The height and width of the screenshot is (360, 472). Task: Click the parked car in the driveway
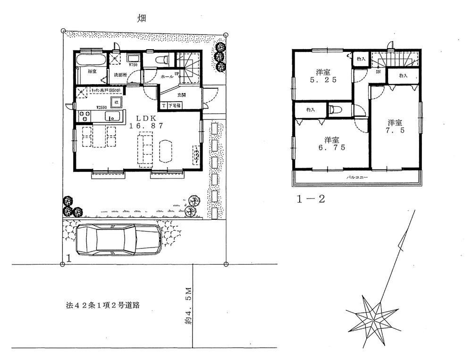118,240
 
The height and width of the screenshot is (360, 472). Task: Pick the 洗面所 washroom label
118,75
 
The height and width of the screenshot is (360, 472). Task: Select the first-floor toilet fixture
161,60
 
